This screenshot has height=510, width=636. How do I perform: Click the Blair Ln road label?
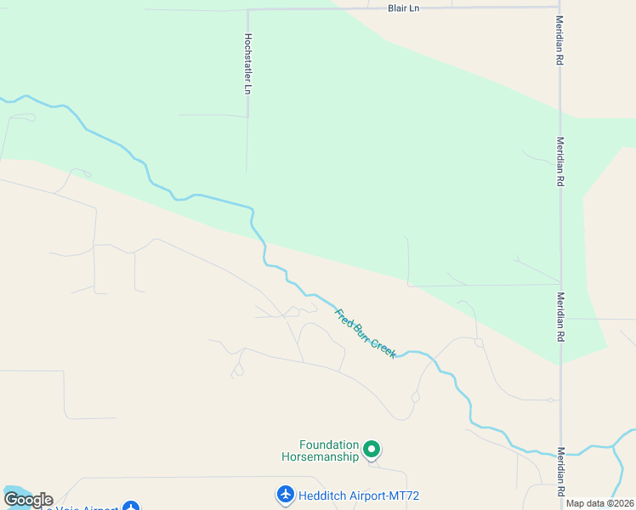[x=404, y=8]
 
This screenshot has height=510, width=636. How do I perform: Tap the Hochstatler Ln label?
[x=248, y=63]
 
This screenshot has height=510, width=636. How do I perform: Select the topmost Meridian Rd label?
[x=559, y=41]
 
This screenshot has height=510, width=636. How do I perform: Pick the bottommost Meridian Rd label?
[x=560, y=472]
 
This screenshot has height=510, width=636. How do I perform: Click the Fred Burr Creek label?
[x=366, y=333]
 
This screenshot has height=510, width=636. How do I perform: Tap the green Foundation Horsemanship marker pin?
[x=372, y=448]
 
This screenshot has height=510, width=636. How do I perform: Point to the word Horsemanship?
[x=321, y=456]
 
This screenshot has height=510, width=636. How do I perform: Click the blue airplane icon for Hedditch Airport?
[x=285, y=494]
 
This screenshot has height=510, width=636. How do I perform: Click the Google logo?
[x=27, y=500]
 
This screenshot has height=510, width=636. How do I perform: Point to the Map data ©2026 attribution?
[x=599, y=503]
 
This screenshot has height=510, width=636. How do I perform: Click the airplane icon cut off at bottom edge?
[x=130, y=507]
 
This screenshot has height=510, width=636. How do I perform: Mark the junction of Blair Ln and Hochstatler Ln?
[x=248, y=9]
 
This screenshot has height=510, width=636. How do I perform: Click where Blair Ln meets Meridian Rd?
[x=559, y=8]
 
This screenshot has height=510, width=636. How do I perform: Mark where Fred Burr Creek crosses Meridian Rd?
[x=560, y=453]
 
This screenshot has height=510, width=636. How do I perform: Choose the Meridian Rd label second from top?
[x=559, y=161]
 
